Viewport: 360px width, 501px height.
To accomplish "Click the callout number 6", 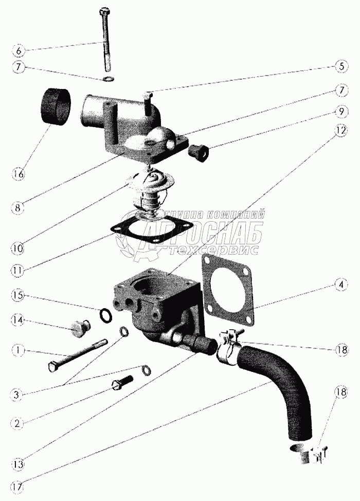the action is (x=18, y=51).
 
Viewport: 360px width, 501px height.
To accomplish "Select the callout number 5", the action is (x=341, y=66).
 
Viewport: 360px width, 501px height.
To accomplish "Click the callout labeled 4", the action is (x=341, y=284).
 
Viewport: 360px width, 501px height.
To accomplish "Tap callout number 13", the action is (x=18, y=464).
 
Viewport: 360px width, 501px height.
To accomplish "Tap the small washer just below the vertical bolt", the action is (x=109, y=78).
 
